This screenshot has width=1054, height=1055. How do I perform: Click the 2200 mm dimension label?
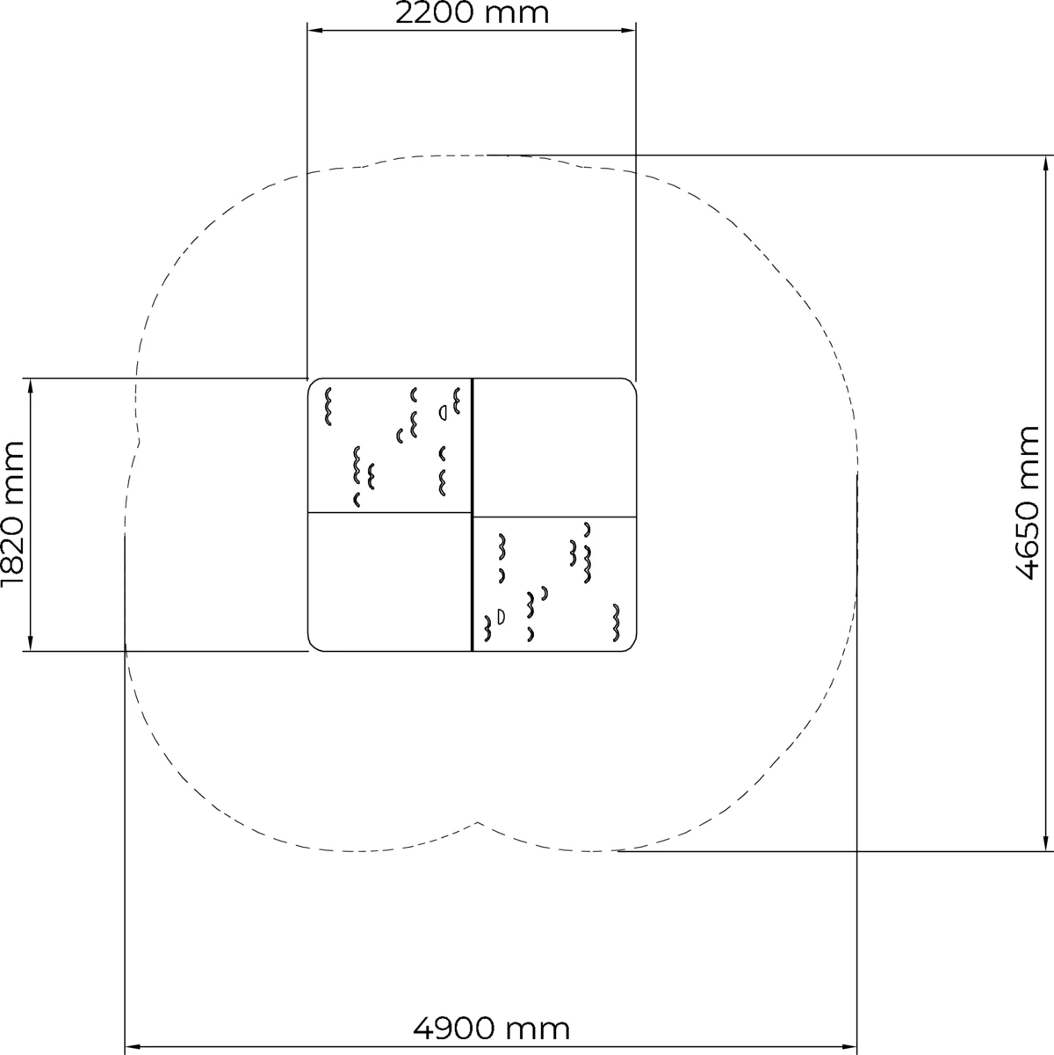pyautogui.click(x=472, y=13)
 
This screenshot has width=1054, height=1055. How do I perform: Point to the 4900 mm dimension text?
pyautogui.click(x=491, y=1027)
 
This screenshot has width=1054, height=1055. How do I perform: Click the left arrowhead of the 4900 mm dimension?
pyautogui.click(x=133, y=1047)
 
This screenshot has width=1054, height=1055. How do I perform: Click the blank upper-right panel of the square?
pyautogui.click(x=554, y=447)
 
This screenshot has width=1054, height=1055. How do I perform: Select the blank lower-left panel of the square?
pyautogui.click(x=389, y=581)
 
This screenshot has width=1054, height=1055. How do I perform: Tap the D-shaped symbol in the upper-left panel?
pyautogui.click(x=444, y=411)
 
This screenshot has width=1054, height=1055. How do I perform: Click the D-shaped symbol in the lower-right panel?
pyautogui.click(x=501, y=616)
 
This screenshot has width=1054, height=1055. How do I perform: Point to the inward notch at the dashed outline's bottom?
pyautogui.click(x=479, y=822)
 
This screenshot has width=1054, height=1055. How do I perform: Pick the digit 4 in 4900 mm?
pyautogui.click(x=422, y=1027)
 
